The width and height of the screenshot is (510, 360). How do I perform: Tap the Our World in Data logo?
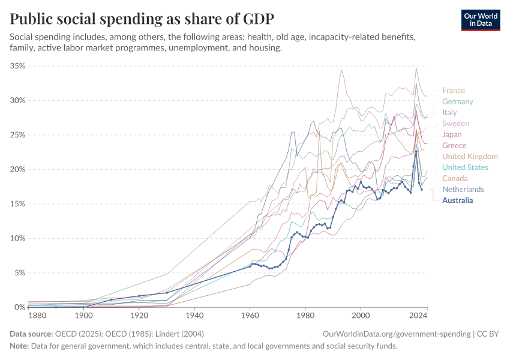point(481,20)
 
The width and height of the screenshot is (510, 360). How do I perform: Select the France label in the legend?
point(454,91)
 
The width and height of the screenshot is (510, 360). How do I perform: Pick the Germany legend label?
point(458,101)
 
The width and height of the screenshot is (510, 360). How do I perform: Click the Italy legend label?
point(449,112)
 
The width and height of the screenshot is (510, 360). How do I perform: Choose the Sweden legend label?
point(455,124)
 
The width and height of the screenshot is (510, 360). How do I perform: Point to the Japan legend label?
point(452,134)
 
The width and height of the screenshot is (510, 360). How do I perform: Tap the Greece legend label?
point(454,145)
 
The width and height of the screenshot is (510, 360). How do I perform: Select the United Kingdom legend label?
point(470,157)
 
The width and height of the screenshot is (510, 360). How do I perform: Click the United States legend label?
point(465,167)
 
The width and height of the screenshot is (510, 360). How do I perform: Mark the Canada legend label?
point(455,178)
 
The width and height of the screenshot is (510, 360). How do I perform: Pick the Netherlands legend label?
point(463,190)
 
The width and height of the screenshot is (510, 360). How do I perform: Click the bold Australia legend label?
point(458,200)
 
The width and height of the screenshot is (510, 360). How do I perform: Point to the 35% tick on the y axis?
point(17,66)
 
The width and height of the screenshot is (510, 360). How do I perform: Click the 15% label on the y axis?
point(17,204)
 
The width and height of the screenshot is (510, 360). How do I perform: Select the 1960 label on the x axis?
point(250,314)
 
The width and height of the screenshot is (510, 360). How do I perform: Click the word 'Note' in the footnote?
point(19,346)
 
